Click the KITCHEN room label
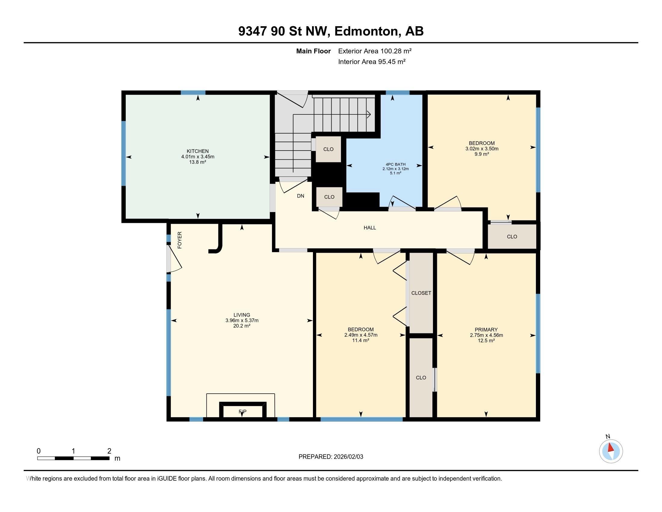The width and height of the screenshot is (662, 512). tap(198, 151)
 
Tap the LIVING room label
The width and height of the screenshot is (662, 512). tap(242, 315)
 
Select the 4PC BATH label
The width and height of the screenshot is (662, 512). tap(396, 164)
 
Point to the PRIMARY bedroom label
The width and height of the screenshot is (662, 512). tap(486, 330)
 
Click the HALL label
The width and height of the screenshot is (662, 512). tap(370, 228)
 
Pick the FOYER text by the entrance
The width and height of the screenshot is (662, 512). tap(180, 240)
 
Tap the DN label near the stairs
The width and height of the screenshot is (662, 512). tap(300, 196)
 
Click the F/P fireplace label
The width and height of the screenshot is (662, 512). tap(243, 412)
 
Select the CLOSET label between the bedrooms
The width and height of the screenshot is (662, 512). tap(421, 293)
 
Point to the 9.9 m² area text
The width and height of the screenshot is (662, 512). tap(482, 154)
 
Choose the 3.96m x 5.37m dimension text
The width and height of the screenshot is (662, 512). tap(242, 320)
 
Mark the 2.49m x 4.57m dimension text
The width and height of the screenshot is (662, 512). tap(361, 335)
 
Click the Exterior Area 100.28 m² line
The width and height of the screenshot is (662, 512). tap(375, 51)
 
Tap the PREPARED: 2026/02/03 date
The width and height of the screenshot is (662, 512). tap(331, 457)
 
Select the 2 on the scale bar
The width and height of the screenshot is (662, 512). tap(109, 451)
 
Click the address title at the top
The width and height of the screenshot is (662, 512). tap(331, 31)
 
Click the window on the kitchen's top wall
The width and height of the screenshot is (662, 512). tap(193, 92)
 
